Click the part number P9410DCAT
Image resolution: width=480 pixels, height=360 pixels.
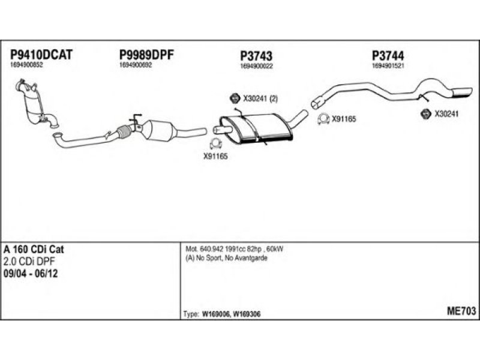click(41, 55)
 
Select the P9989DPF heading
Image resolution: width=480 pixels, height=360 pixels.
click(146, 55)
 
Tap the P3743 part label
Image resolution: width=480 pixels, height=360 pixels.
click(256, 56)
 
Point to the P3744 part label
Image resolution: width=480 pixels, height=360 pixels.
click(388, 56)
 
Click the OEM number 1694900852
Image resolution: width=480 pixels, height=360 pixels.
click(26, 65)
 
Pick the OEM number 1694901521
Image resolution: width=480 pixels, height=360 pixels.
click(388, 66)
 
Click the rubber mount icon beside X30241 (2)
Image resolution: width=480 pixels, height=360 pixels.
click(235, 98)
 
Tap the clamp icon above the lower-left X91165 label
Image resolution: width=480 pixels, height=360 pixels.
click(216, 144)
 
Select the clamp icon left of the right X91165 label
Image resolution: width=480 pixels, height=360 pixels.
click(323, 119)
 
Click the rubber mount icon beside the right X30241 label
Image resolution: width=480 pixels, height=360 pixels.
click(425, 113)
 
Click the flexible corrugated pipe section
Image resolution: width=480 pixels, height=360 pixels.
click(124, 132)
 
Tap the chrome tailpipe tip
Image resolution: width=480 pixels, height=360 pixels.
click(461, 92)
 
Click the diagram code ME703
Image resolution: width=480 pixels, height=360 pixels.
click(461, 311)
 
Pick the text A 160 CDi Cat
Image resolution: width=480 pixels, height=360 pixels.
click(34, 250)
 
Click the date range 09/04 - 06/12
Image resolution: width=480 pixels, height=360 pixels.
click(31, 274)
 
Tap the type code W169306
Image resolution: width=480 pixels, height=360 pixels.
click(247, 314)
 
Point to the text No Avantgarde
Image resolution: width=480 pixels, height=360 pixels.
click(246, 258)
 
